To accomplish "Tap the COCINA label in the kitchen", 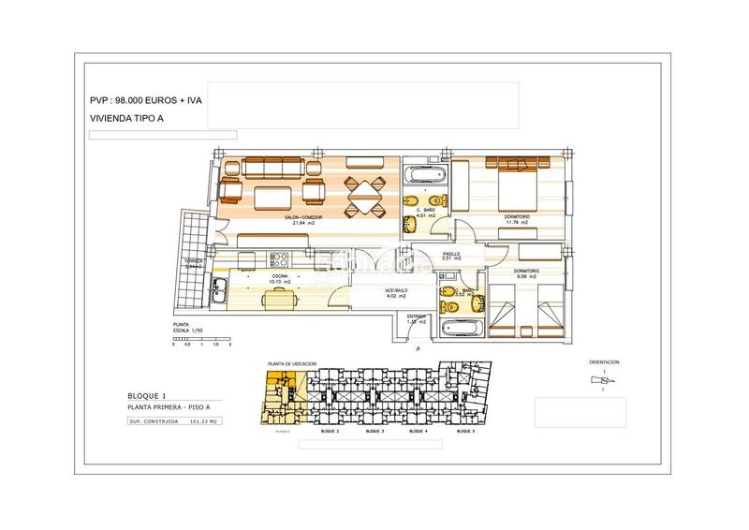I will tap(280, 276).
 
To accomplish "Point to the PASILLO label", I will tap(449, 253).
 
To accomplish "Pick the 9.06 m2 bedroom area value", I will tap(525, 277).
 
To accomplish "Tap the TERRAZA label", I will tap(194, 261).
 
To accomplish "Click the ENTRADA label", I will tap(417, 317).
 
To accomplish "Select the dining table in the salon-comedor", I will tap(361, 197).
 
